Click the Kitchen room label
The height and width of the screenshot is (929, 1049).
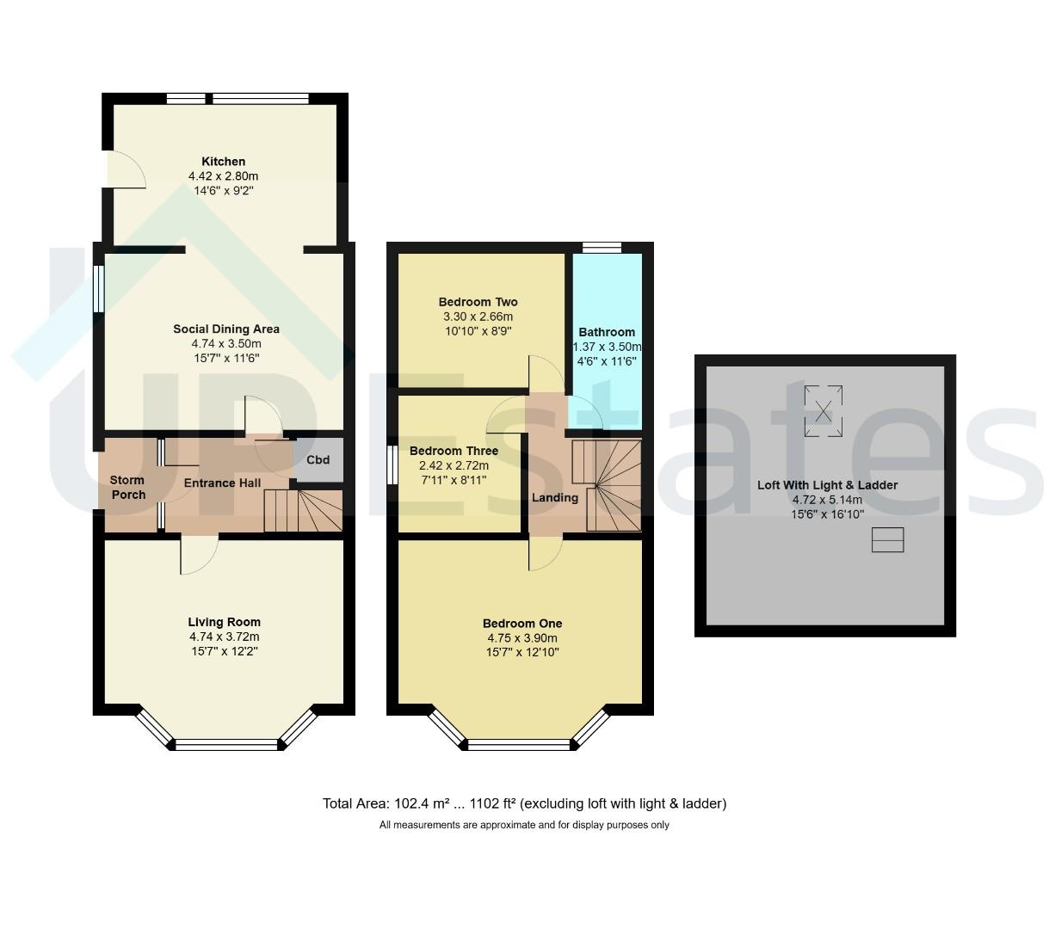[223, 162]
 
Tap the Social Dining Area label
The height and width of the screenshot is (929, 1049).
[226, 329]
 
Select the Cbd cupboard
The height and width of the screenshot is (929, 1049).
[318, 459]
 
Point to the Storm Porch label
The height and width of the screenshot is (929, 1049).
[128, 488]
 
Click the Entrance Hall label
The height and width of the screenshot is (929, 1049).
[223, 483]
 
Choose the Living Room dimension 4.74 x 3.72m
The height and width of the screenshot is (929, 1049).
[225, 637]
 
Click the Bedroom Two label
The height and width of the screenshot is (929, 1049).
[478, 302]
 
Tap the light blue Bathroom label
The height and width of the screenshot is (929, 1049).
[607, 332]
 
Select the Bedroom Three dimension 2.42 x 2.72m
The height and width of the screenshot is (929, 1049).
[454, 465]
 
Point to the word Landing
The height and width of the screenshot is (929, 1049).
[555, 498]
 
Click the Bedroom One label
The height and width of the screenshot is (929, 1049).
[522, 624]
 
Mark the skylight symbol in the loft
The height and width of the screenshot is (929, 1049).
[824, 411]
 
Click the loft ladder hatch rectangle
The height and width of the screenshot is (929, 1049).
[887, 540]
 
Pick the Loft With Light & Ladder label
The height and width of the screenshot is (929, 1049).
[827, 485]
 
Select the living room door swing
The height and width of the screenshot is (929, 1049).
[199, 556]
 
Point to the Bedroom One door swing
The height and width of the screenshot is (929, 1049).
[546, 553]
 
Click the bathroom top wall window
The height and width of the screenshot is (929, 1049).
[602, 248]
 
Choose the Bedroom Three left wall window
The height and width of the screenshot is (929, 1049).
[392, 464]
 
